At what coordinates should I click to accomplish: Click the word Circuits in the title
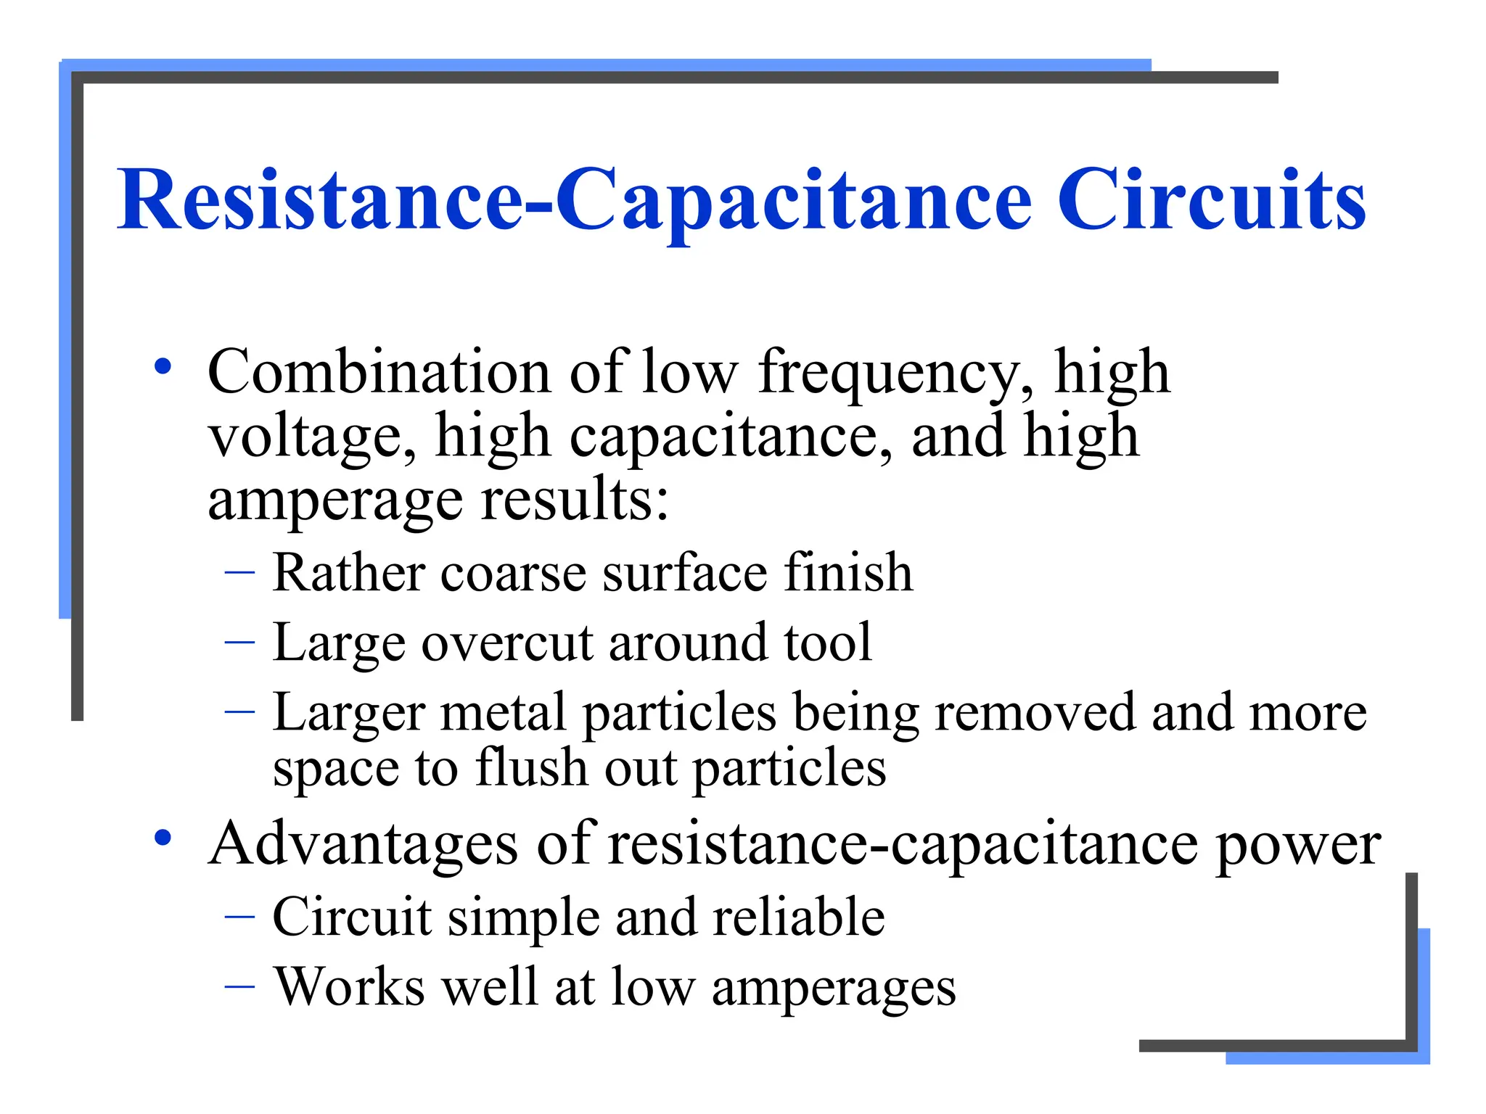click(1212, 199)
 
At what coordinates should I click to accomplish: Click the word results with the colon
click(575, 500)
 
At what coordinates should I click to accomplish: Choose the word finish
click(848, 572)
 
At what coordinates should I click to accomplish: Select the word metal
click(502, 712)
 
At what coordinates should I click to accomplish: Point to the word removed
click(1035, 712)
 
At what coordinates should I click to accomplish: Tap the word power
click(1299, 846)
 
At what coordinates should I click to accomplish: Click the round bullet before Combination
click(163, 366)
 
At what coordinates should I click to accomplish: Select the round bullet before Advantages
click(163, 838)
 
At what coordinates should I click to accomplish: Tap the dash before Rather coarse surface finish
click(239, 572)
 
